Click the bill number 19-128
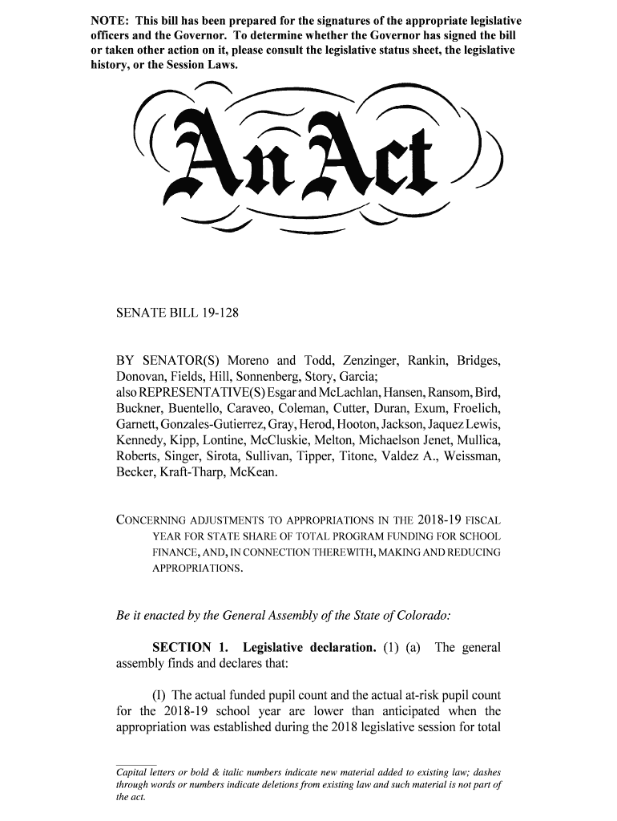(218, 314)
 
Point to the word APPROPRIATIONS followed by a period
(196, 568)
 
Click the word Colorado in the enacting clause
(421, 616)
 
